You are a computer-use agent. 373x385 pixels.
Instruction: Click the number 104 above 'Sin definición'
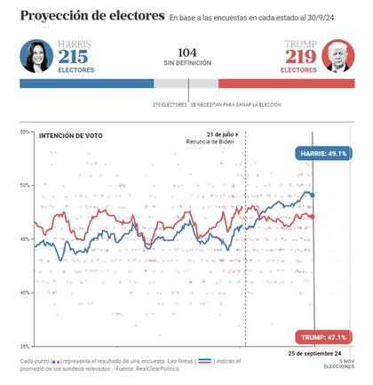(x=187, y=52)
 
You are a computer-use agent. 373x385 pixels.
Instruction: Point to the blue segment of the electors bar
(x=87, y=83)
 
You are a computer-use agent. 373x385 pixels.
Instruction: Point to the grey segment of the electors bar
(x=186, y=83)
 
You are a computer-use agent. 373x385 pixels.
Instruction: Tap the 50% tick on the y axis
(x=26, y=186)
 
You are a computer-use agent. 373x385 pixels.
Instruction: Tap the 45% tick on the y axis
(x=26, y=239)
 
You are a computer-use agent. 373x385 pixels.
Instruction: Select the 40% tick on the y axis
(x=26, y=293)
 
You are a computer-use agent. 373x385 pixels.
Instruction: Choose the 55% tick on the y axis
(x=26, y=132)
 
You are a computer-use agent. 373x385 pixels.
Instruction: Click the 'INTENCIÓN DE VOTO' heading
(x=68, y=135)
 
